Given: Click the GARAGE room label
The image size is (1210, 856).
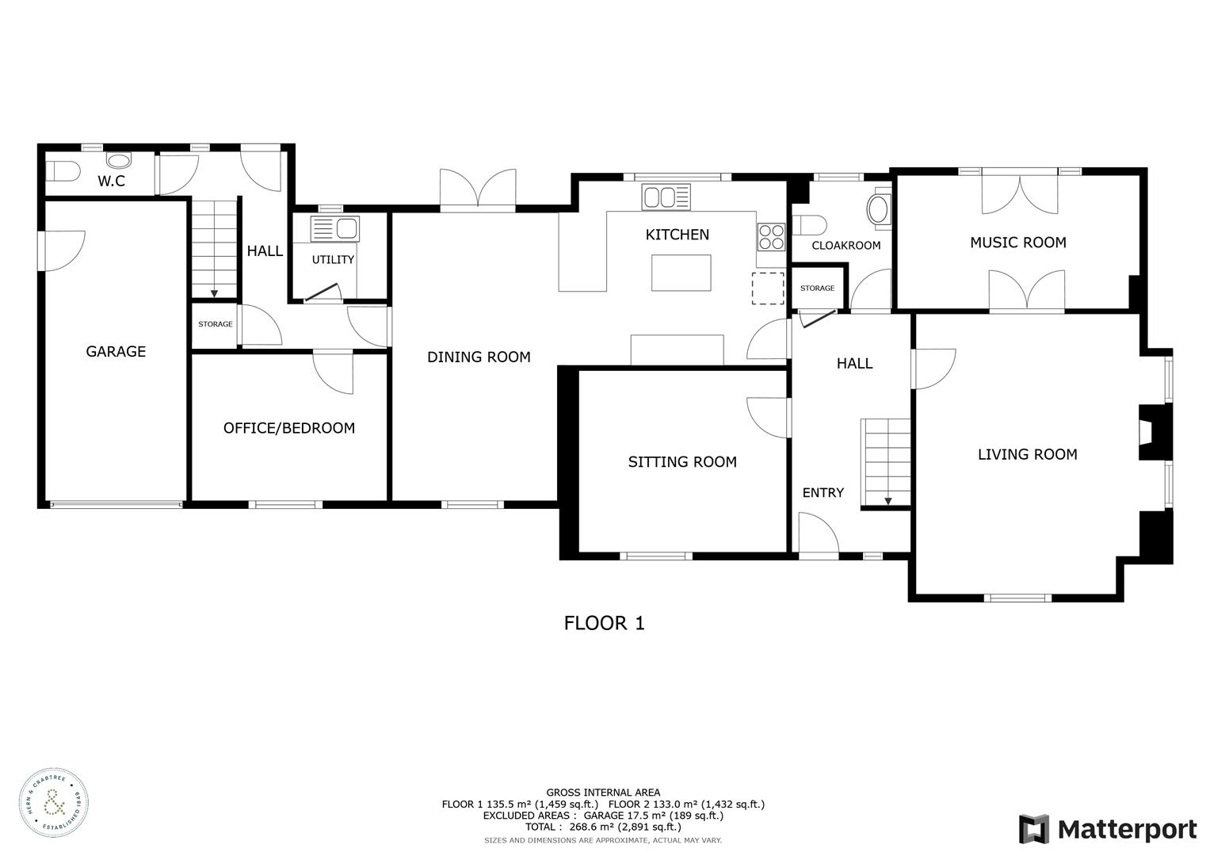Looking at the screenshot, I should (116, 351).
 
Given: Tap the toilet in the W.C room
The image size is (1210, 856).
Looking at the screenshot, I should (63, 170).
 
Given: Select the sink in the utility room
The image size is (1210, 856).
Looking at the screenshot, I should (335, 229).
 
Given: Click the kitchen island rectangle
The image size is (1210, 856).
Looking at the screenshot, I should (681, 273).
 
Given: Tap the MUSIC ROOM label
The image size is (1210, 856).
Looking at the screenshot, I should (1017, 243).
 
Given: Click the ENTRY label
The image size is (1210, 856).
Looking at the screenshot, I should (823, 492).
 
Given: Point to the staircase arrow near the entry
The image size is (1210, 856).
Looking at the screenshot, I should (887, 500).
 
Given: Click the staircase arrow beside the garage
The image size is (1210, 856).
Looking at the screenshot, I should (214, 292).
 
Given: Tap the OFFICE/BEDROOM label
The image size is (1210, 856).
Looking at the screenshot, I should (288, 428).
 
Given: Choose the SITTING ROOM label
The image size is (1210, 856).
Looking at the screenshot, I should (681, 462).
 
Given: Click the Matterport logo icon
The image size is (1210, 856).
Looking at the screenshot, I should (1033, 829).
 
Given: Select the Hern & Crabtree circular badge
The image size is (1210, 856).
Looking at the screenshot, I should (54, 802).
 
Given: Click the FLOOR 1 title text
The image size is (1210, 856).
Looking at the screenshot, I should (604, 623).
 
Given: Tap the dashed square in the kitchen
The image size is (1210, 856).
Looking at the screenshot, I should (767, 288).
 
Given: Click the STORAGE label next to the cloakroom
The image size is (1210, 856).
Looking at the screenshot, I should (817, 289).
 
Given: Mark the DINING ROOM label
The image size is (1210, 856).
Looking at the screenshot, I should (479, 357).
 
